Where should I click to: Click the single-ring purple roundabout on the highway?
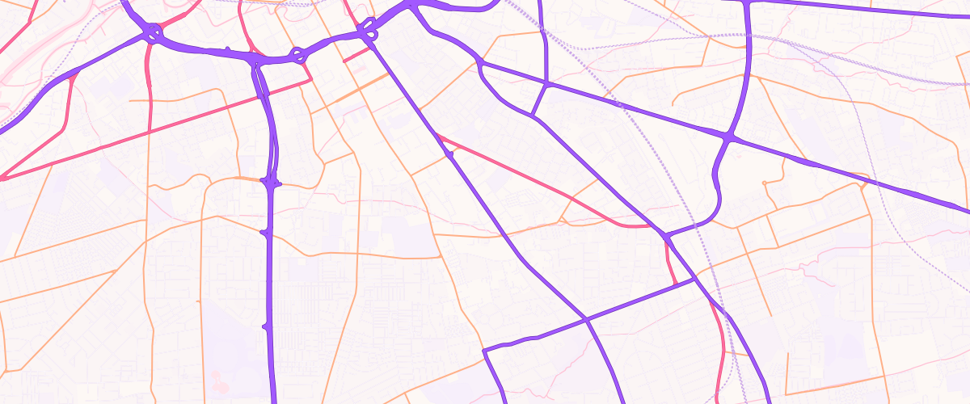click(297, 55)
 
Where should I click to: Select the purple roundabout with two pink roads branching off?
click(151, 33)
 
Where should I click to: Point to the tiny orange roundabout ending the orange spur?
click(764, 183)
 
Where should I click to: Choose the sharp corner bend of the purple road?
click(483, 351)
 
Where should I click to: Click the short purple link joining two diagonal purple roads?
click(540, 98)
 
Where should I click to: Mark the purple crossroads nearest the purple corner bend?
click(588, 320)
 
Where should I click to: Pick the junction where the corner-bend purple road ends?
click(694, 280)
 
